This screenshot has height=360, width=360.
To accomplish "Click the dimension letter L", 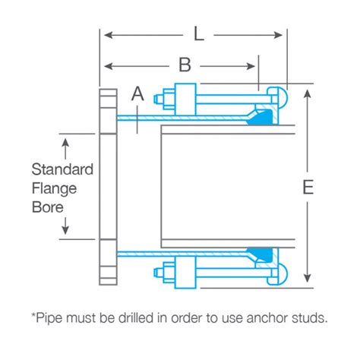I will click(198, 33).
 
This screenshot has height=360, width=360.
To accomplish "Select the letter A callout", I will click(137, 94).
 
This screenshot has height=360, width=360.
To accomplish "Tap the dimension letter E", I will click(307, 187).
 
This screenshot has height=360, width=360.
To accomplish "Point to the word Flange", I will click(54, 188).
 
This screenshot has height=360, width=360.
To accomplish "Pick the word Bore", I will click(46, 205).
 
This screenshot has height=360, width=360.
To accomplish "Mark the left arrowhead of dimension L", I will click(106, 34).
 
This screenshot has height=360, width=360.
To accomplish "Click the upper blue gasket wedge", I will click(264, 115).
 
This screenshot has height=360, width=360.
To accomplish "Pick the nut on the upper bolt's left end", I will click(166, 99).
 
